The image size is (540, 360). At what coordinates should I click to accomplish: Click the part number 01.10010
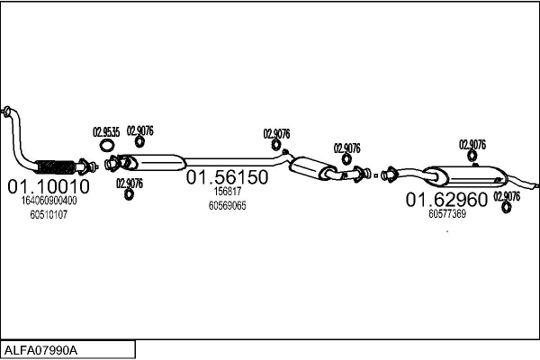tap(49, 186)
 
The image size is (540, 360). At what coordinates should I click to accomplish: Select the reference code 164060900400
tap(49, 202)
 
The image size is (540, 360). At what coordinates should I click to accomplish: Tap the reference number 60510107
tap(49, 215)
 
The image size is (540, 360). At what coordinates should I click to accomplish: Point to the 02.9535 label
tap(106, 131)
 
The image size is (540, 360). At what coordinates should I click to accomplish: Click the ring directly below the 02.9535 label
tap(106, 145)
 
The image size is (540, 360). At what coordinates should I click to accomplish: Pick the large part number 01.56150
tap(227, 177)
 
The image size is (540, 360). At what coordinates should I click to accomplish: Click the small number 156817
tap(227, 192)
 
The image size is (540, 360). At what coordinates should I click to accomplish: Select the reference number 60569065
tap(227, 205)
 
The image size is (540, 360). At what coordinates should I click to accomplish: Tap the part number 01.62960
tap(446, 199)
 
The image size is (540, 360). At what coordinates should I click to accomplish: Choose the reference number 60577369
tap(447, 214)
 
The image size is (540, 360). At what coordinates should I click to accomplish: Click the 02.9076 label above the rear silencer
tap(472, 144)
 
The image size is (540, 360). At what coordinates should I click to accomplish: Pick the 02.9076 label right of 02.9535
tap(139, 130)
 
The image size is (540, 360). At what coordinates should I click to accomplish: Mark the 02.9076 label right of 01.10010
tap(129, 183)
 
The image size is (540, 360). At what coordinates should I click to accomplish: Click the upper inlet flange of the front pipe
tap(7, 112)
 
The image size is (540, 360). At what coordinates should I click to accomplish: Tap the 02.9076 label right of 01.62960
tap(507, 195)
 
